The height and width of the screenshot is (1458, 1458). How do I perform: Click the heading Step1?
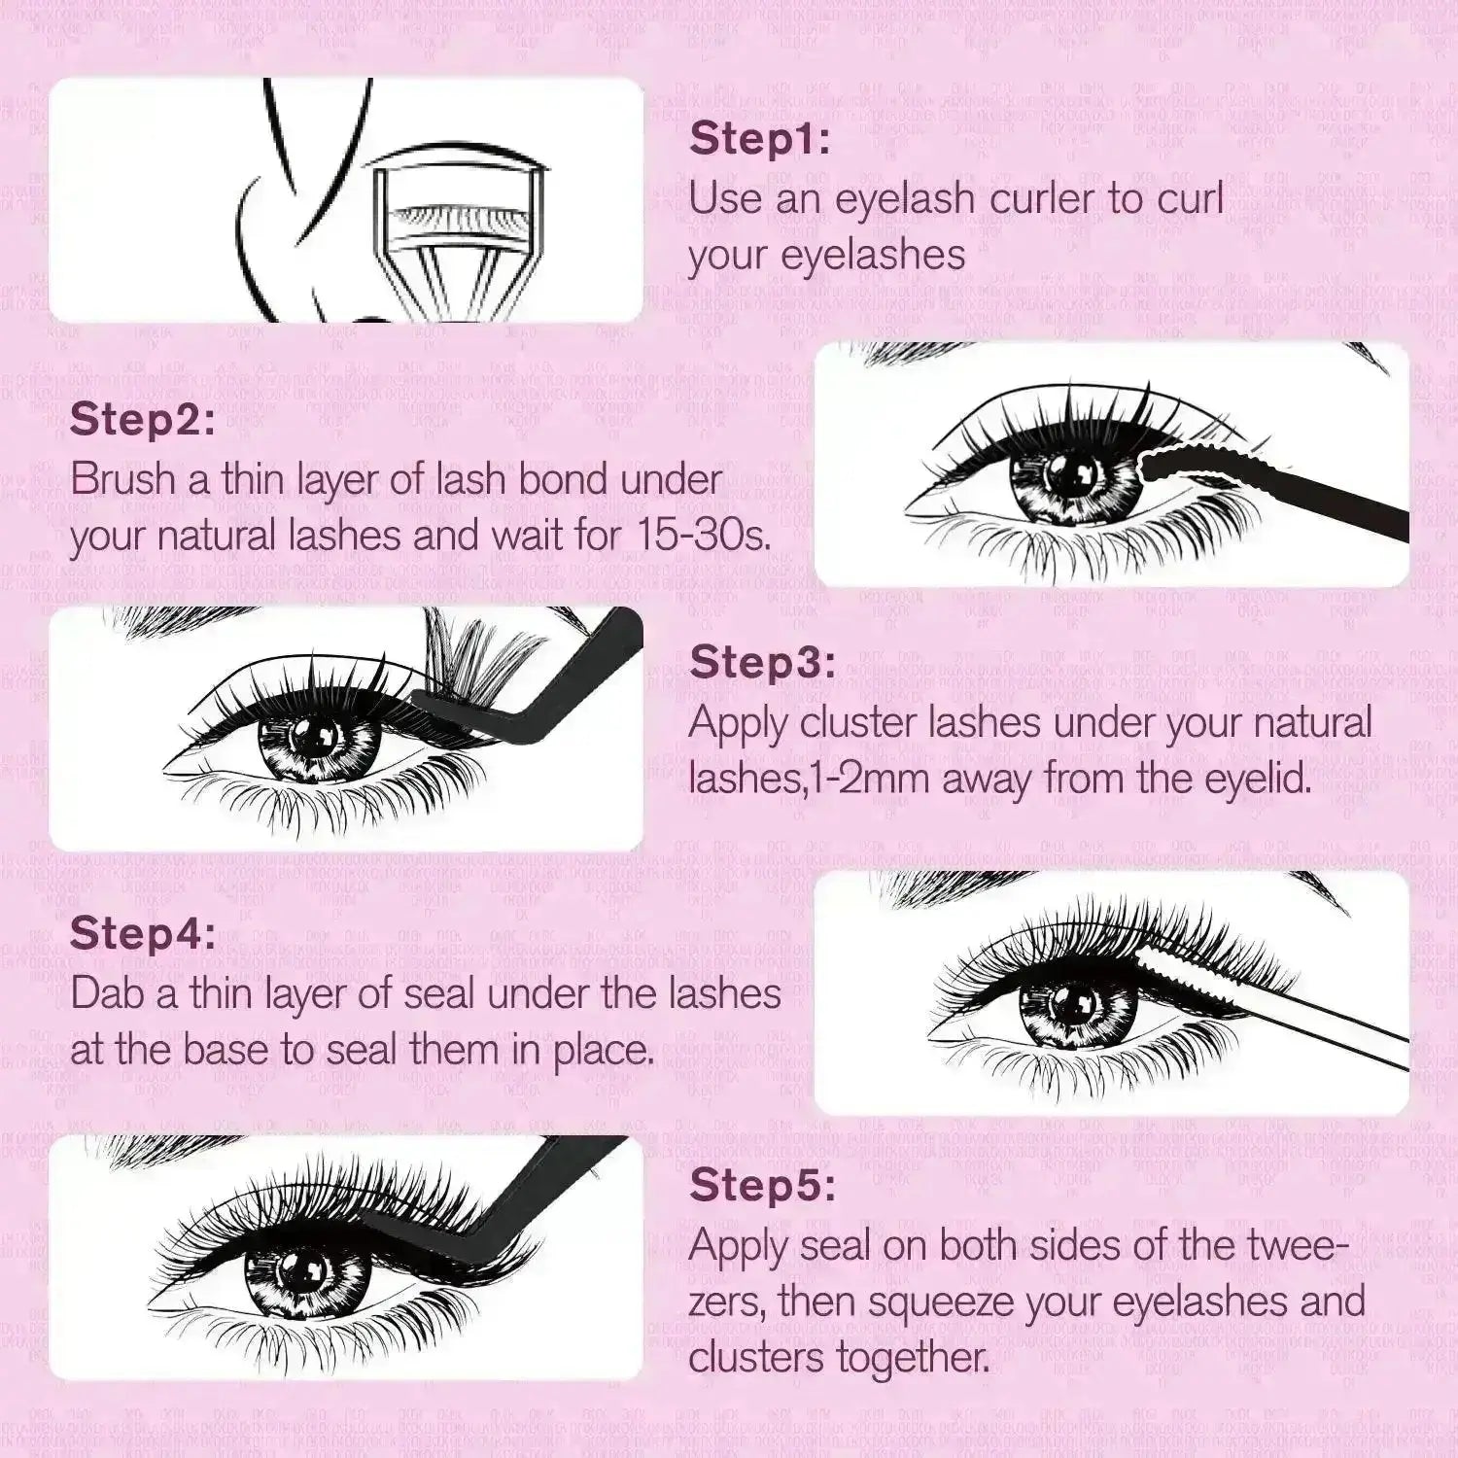[x=759, y=139]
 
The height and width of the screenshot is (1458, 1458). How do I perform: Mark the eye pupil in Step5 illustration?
[x=291, y=1269]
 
